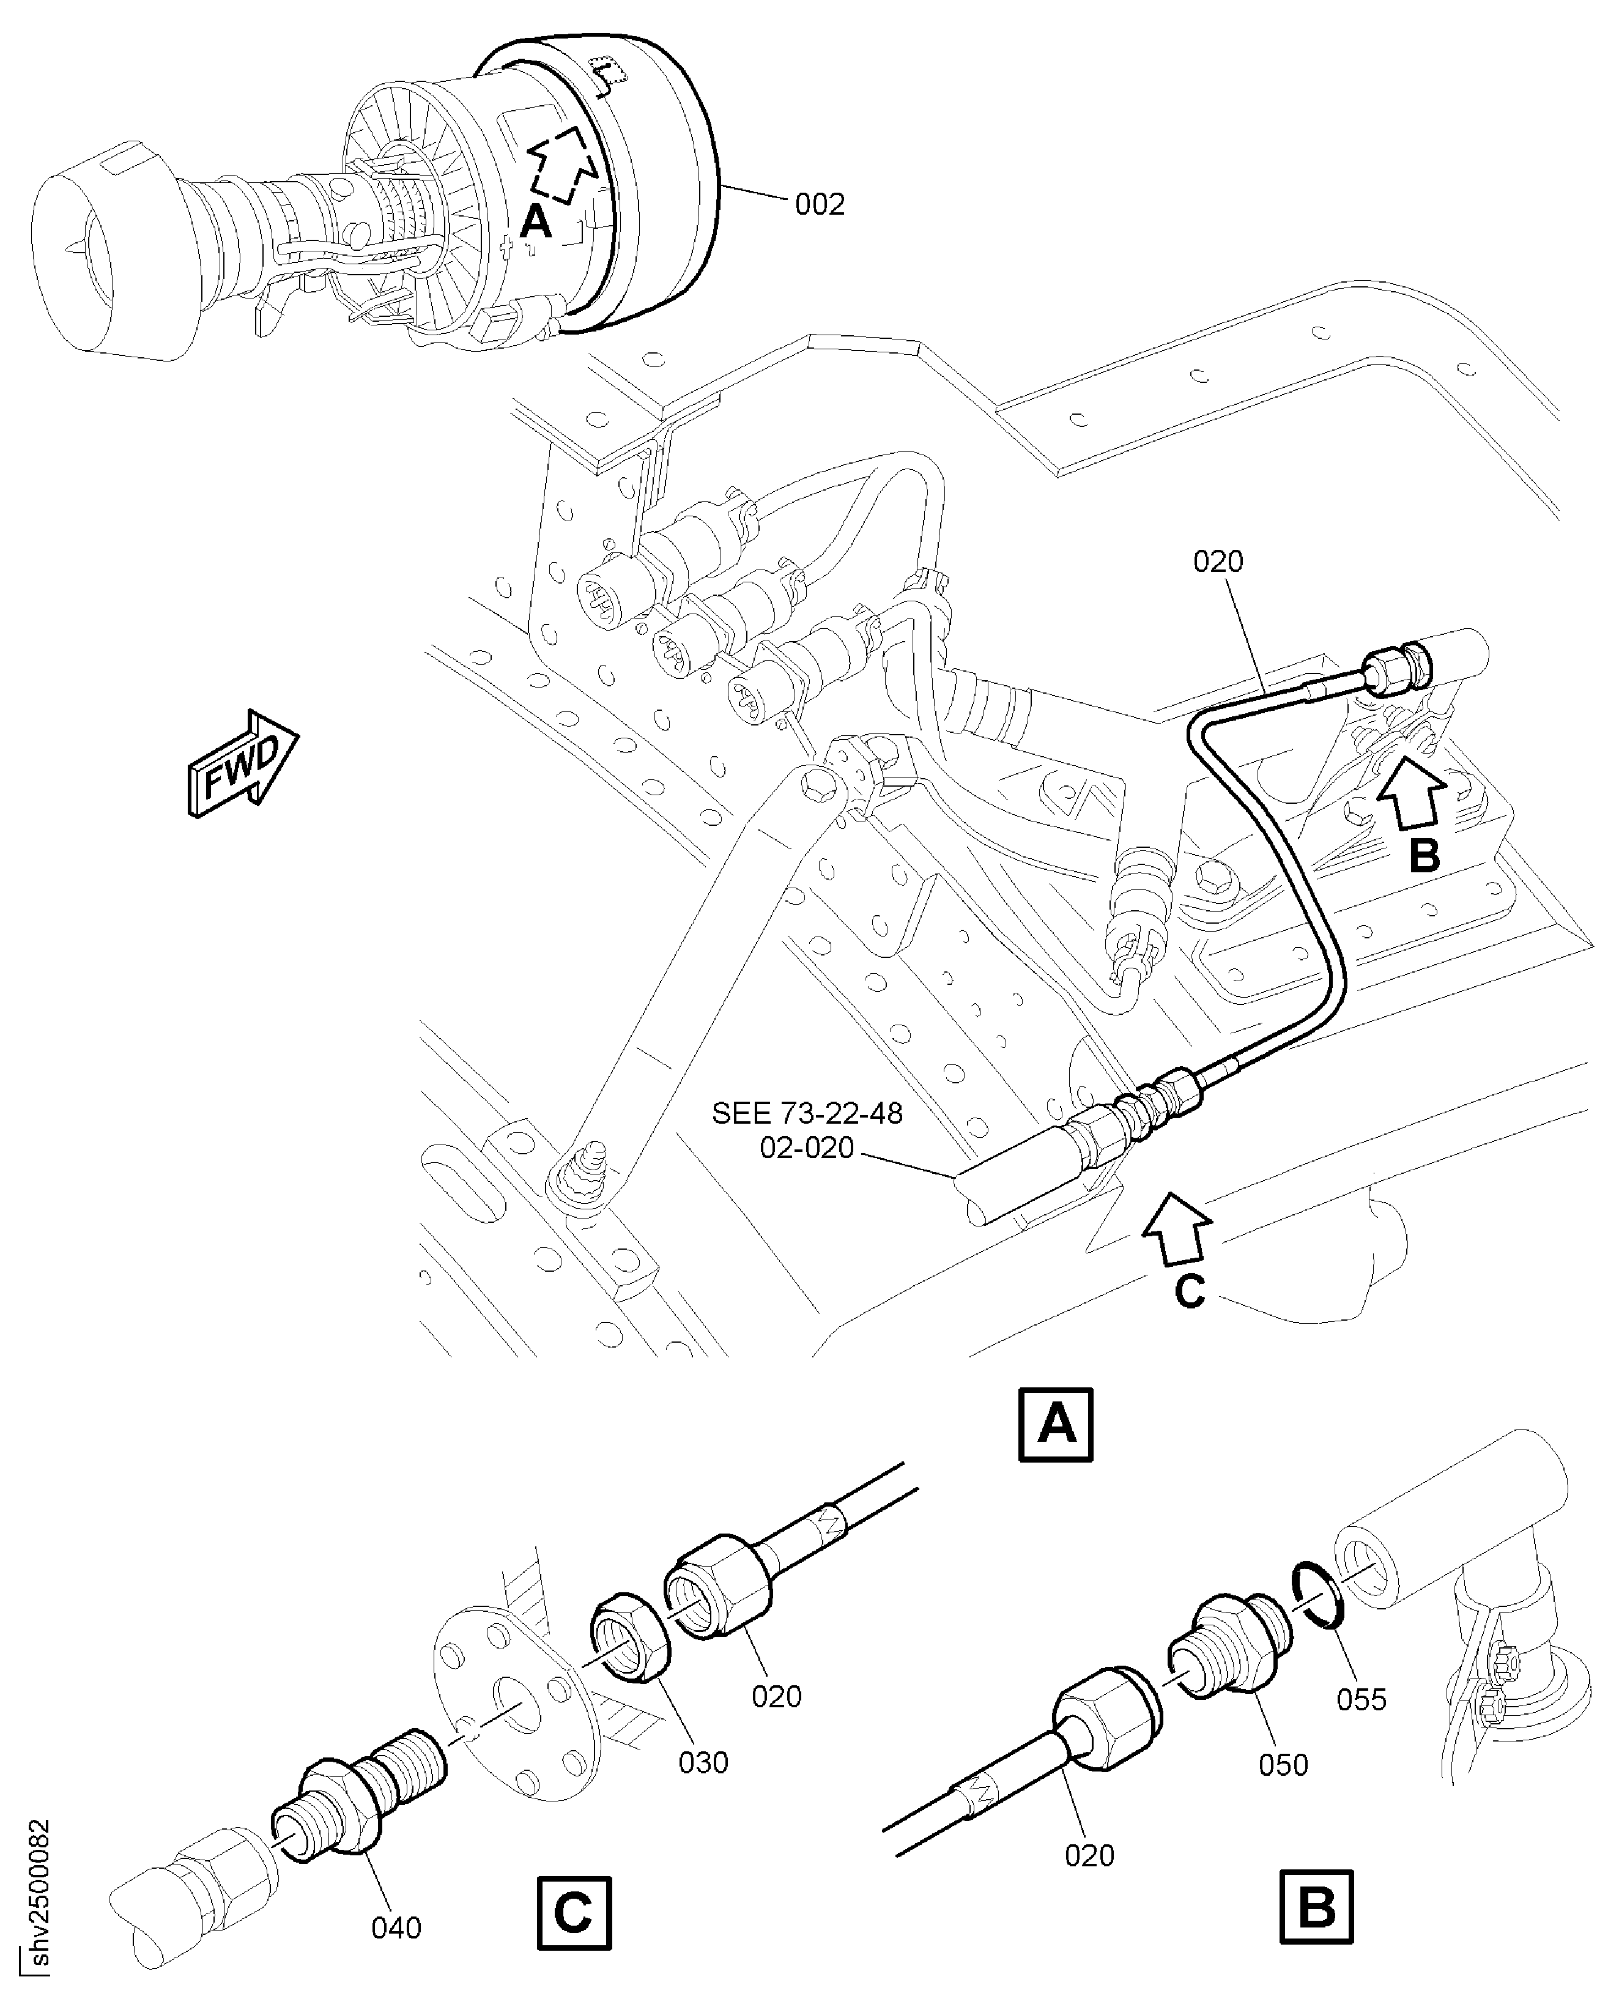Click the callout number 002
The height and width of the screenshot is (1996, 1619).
click(x=819, y=204)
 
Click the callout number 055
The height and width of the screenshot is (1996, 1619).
click(x=1361, y=1699)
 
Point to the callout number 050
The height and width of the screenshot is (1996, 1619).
click(x=1283, y=1765)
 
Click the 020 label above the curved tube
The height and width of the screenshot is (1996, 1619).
click(x=1218, y=562)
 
